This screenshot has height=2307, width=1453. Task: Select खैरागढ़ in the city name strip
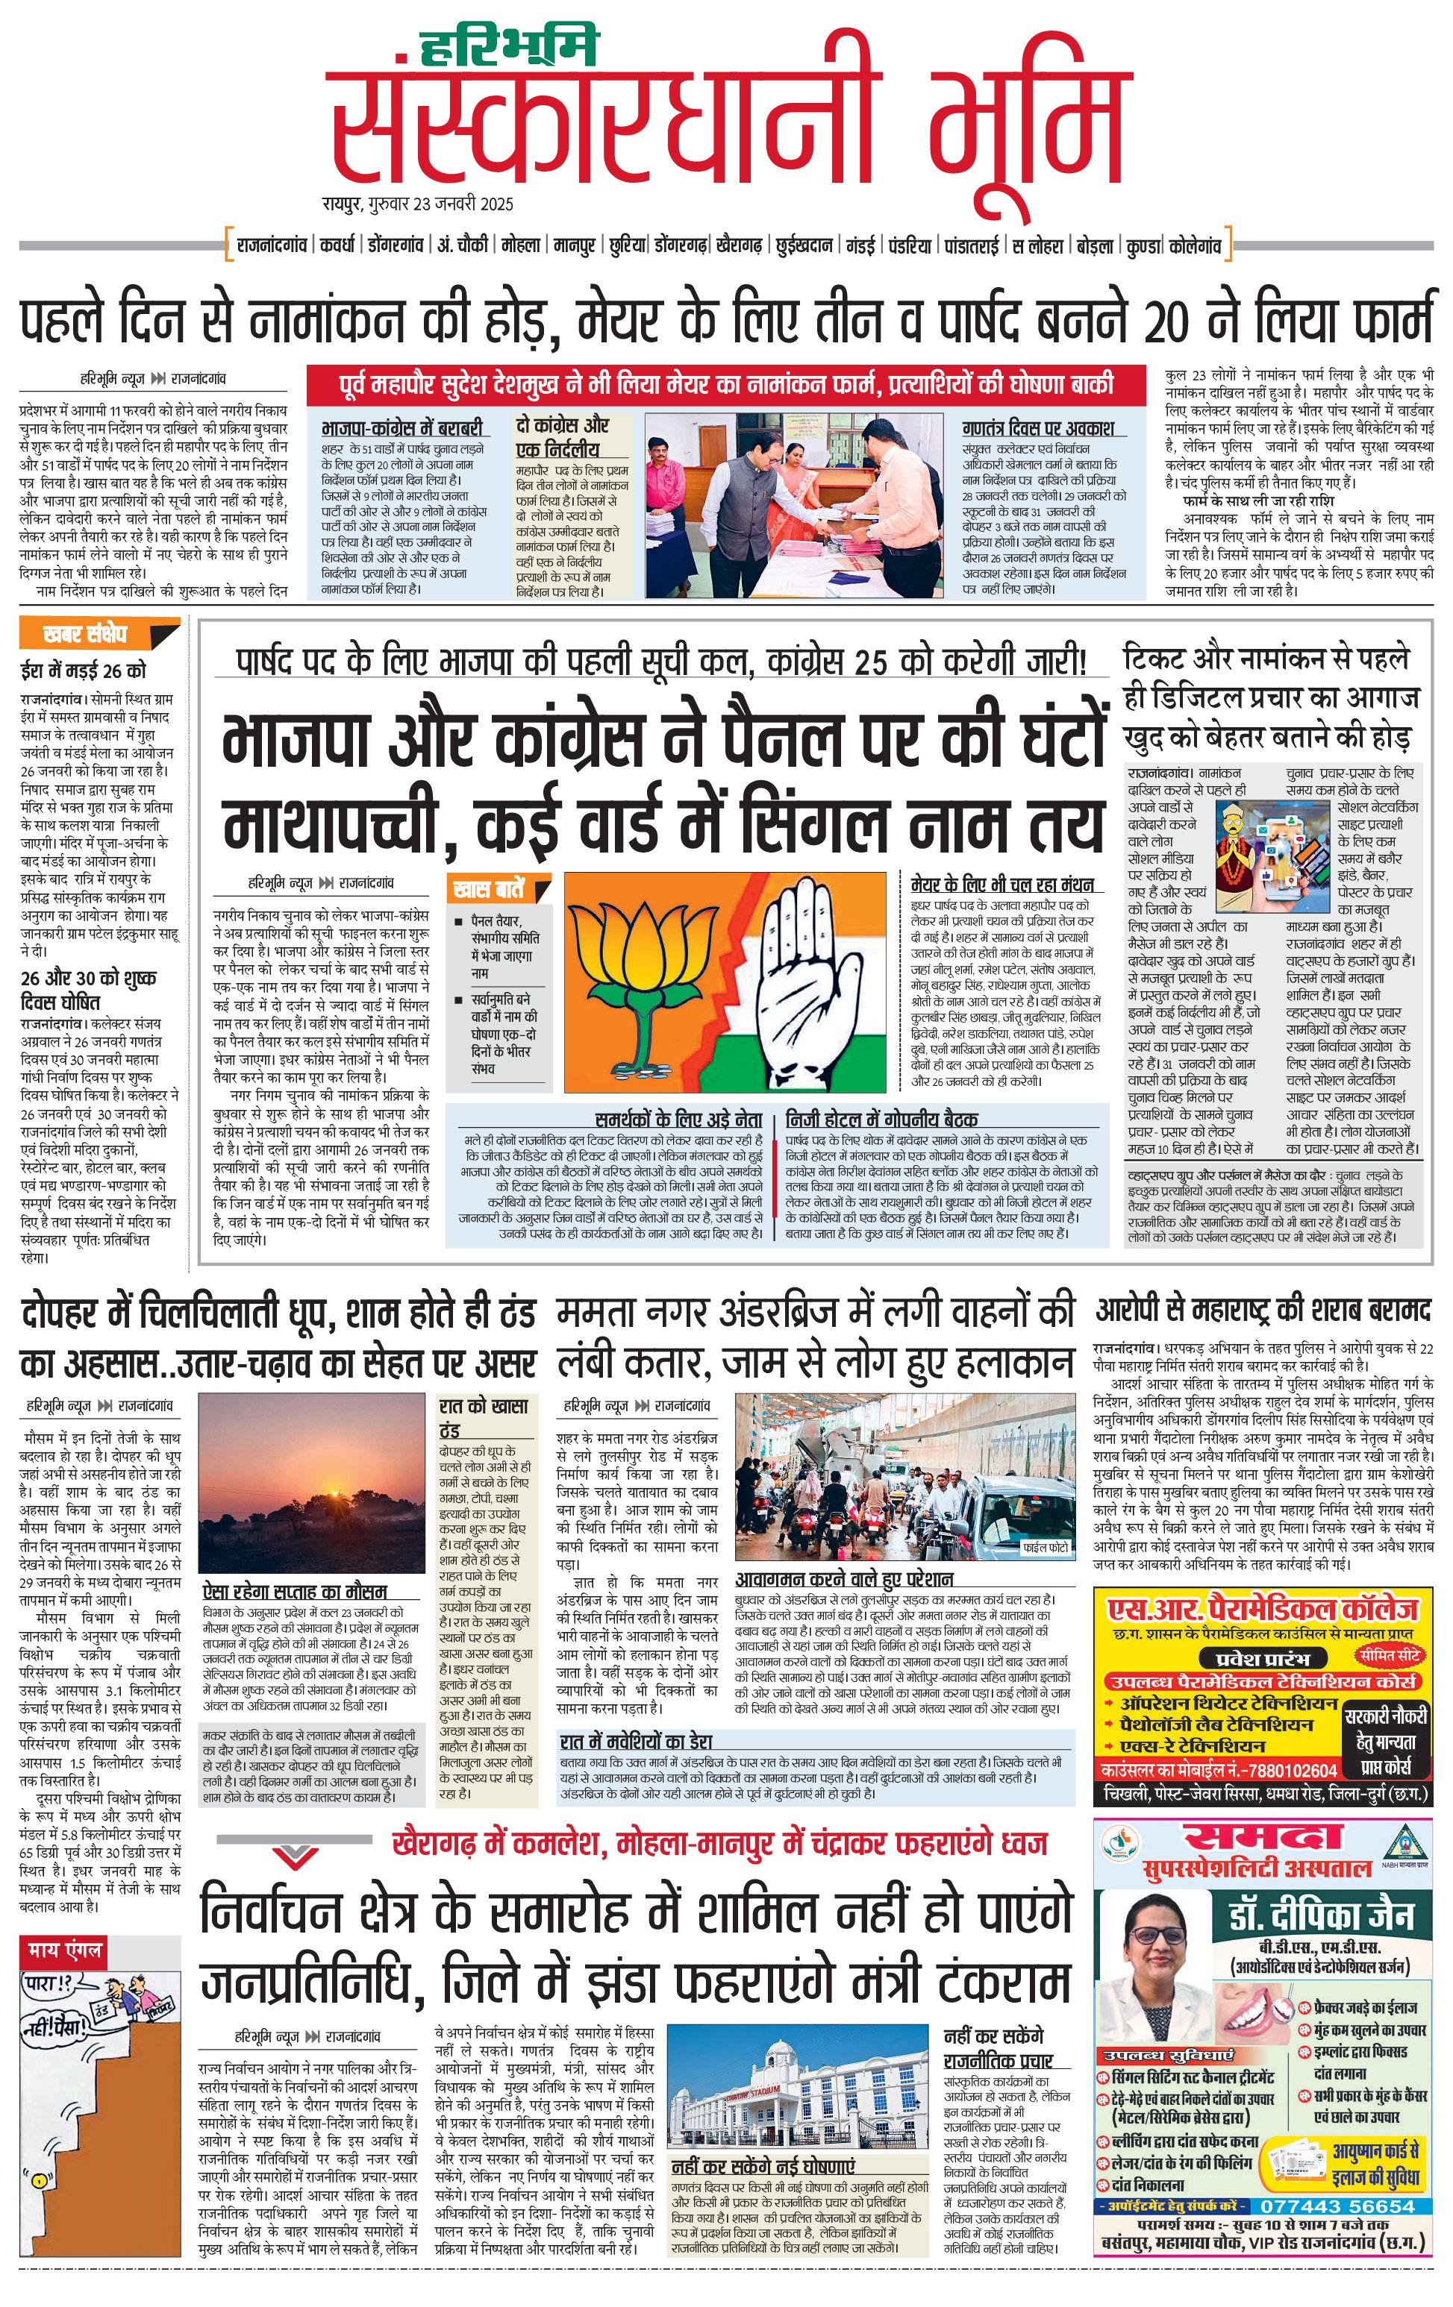click(x=738, y=246)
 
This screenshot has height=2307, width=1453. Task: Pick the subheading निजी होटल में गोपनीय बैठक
click(x=882, y=1119)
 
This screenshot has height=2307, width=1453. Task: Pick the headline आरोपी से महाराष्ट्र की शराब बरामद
click(x=1263, y=1311)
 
